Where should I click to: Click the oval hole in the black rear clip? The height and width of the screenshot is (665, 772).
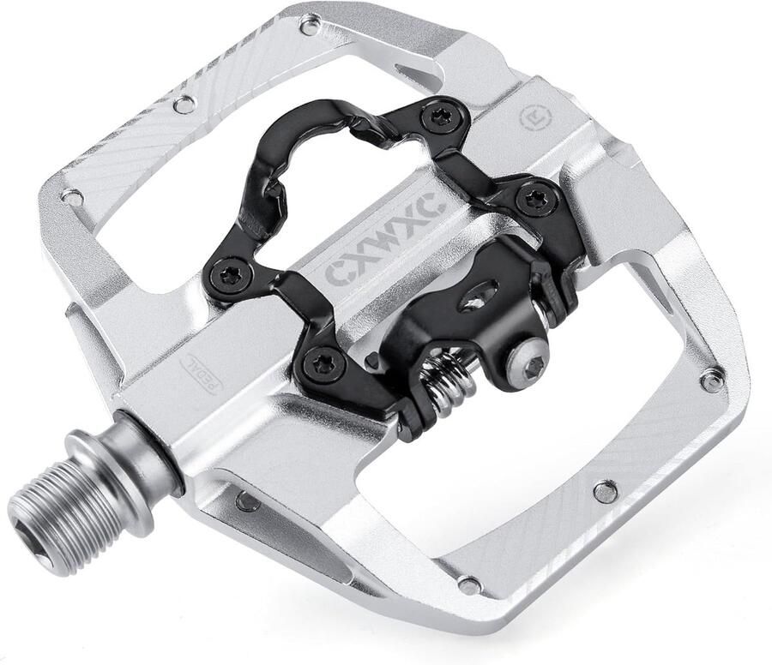click(478, 297)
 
